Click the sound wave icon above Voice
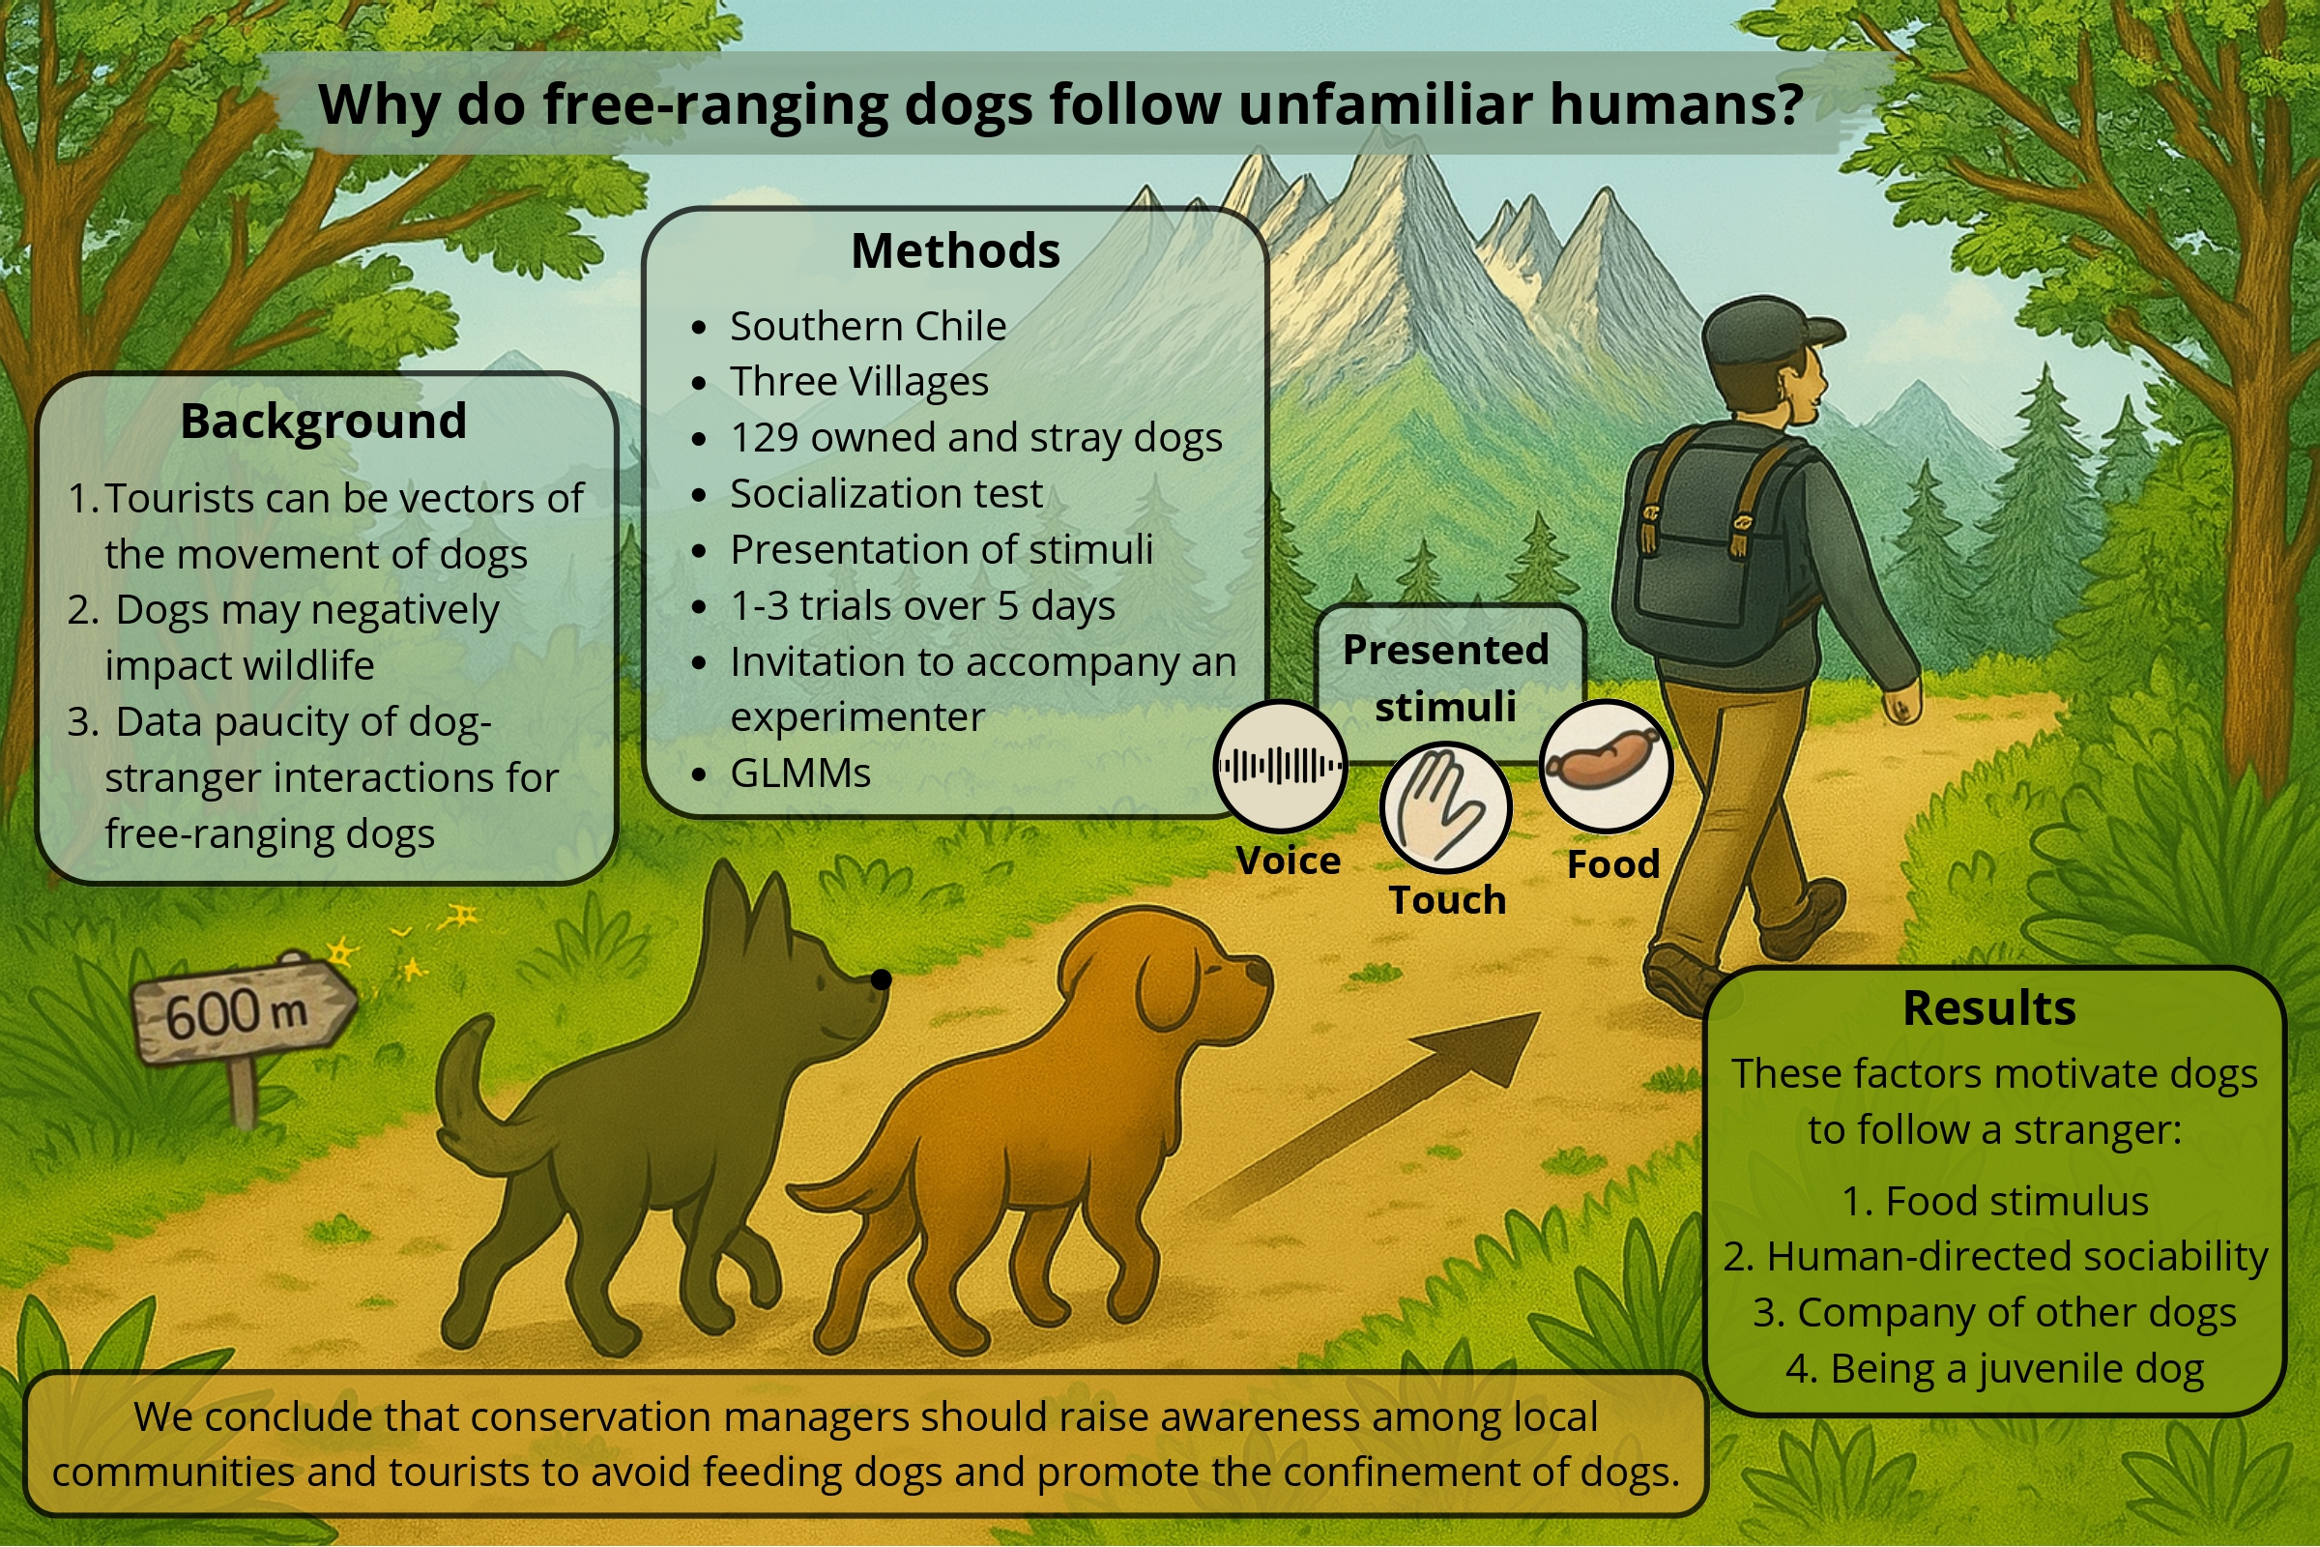(1280, 766)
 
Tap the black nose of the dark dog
(881, 978)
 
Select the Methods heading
(955, 250)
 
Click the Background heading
(324, 422)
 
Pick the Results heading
(1989, 1008)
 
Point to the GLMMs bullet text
(800, 773)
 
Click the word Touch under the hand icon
(1447, 900)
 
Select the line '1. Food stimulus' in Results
(1994, 1202)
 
